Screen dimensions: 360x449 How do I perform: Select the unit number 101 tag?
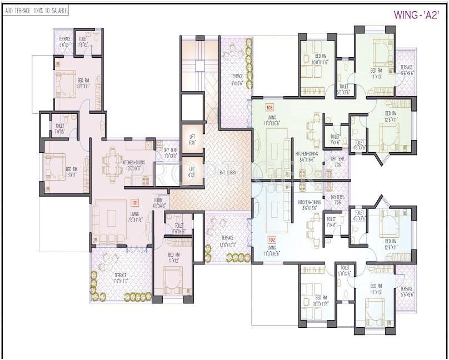point(134,203)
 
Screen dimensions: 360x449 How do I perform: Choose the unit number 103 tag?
point(270,107)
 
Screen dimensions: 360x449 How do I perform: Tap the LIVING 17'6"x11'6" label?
point(134,216)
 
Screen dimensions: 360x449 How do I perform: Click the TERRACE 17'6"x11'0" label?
point(120,278)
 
